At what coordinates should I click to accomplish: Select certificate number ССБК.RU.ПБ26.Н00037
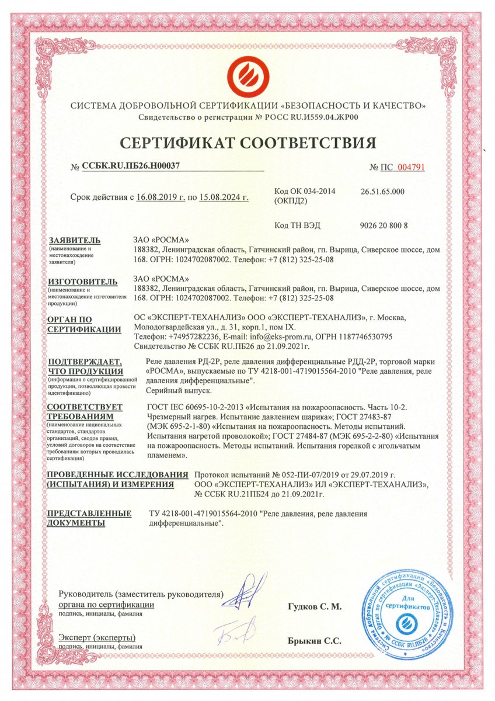click(x=130, y=166)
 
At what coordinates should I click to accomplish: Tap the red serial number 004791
click(x=411, y=167)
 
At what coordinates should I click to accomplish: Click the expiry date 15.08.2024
click(x=224, y=197)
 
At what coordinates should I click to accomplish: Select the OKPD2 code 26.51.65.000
click(x=383, y=192)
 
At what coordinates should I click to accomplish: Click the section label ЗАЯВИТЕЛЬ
click(x=75, y=241)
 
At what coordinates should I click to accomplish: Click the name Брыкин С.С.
click(x=314, y=641)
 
